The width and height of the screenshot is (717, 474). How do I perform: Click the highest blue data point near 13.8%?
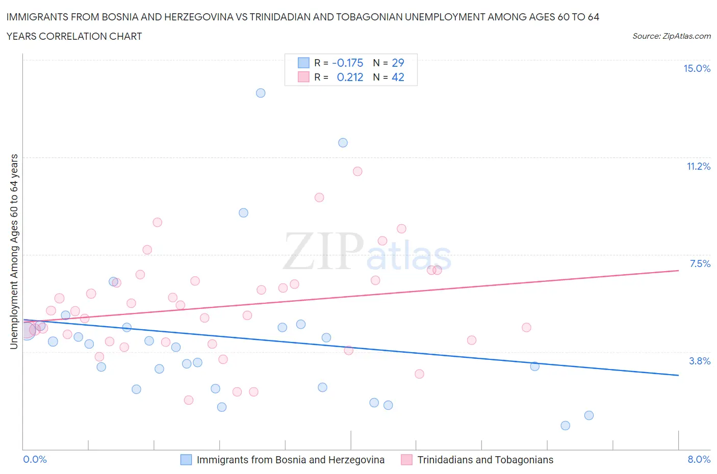point(261,93)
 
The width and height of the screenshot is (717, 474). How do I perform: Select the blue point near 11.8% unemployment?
point(343,143)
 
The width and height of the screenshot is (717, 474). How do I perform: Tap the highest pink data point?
point(357,171)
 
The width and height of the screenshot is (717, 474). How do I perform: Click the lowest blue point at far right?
point(565,426)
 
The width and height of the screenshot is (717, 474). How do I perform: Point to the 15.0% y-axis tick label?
point(697,69)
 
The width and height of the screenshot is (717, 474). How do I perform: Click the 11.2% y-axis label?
point(698,166)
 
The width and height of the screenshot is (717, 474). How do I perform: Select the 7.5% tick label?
point(700,264)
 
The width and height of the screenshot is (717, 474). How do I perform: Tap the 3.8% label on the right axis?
point(700,361)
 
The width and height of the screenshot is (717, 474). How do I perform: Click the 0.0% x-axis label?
point(35,460)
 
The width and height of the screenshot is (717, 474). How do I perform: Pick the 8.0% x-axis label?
point(699,460)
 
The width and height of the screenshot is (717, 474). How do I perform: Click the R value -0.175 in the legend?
point(347,63)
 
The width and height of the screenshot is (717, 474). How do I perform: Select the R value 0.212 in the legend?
point(350,77)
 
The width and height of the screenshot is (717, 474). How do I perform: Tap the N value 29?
point(398,63)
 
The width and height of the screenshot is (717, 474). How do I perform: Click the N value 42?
point(398,77)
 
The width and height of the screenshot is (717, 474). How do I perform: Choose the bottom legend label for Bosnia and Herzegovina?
point(290,460)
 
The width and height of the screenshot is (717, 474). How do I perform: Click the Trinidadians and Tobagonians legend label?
point(485,460)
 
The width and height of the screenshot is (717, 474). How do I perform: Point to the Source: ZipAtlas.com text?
point(671,36)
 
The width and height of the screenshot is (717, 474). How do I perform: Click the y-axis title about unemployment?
point(14,252)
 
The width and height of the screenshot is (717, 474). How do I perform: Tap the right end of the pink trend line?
point(678,271)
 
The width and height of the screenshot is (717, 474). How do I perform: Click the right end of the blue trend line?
point(678,375)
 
